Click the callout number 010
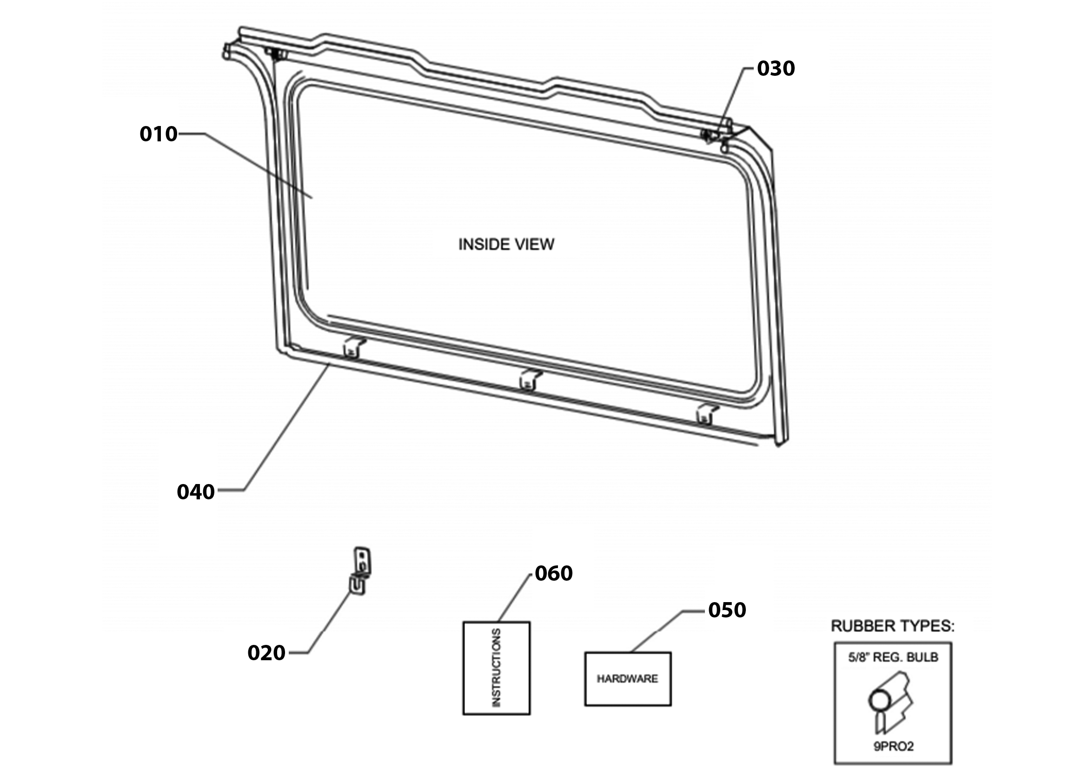(159, 134)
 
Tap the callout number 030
(776, 68)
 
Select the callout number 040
(196, 492)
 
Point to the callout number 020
(266, 652)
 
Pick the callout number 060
(554, 573)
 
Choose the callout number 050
(727, 610)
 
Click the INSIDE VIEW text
(506, 244)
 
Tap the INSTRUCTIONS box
(496, 668)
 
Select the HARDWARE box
(628, 679)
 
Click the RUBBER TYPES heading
(892, 626)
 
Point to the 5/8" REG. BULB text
(893, 657)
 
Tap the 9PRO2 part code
(894, 746)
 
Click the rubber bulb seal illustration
(890, 703)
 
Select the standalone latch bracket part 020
(360, 570)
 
